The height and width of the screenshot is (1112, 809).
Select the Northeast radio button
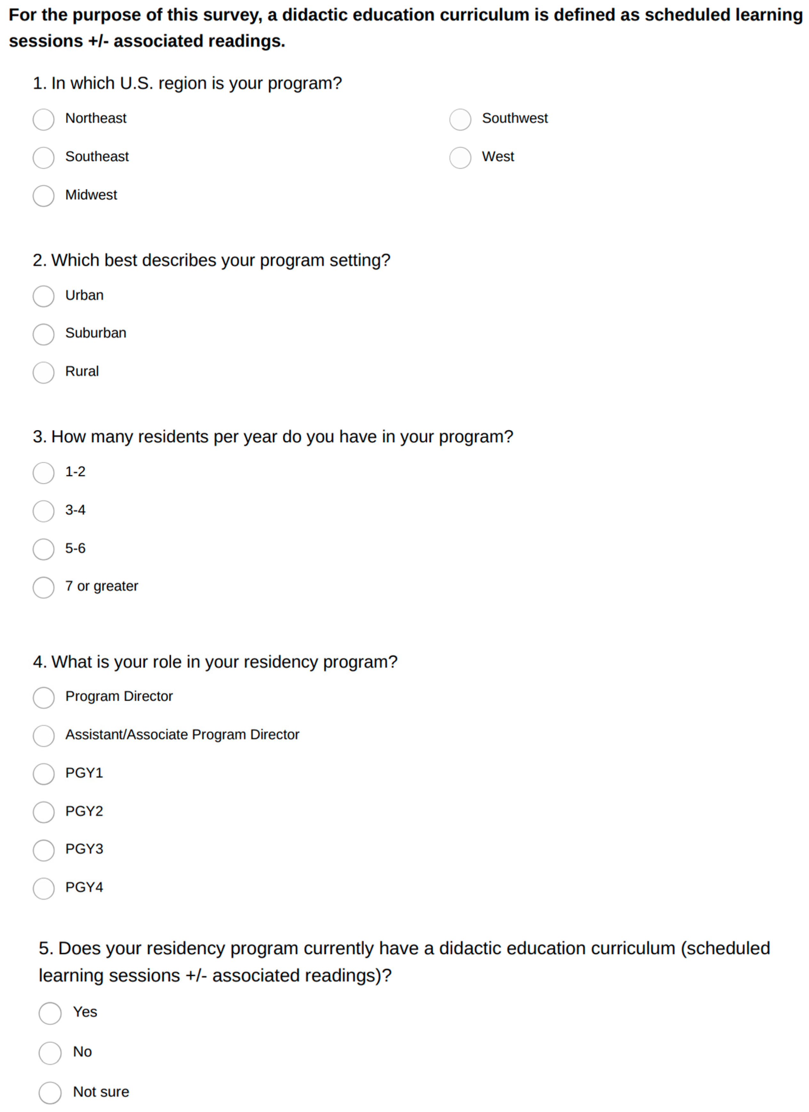tap(44, 120)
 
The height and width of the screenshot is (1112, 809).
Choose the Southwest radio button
tap(460, 120)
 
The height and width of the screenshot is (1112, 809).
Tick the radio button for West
tap(460, 158)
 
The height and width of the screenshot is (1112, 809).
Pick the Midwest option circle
tap(44, 196)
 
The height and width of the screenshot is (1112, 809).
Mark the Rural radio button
tap(44, 373)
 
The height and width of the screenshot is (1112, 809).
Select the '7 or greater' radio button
tap(44, 588)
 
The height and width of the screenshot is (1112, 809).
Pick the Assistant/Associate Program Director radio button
tap(44, 736)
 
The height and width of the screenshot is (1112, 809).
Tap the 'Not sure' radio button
tap(50, 1093)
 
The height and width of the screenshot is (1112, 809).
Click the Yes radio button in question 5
tap(50, 1013)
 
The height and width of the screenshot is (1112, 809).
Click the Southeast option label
tap(97, 156)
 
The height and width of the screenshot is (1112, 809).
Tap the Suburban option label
tap(96, 333)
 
